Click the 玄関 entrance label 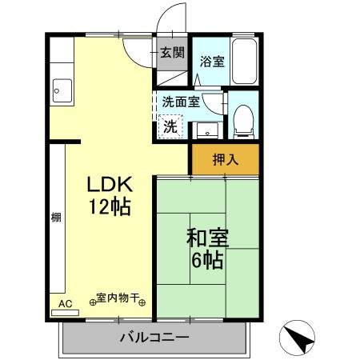[x=171, y=54]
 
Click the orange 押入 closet [x=225, y=158]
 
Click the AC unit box [x=66, y=303]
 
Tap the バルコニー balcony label [x=154, y=338]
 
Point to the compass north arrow [x=298, y=337]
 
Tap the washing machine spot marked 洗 [x=170, y=126]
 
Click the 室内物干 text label [x=117, y=298]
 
